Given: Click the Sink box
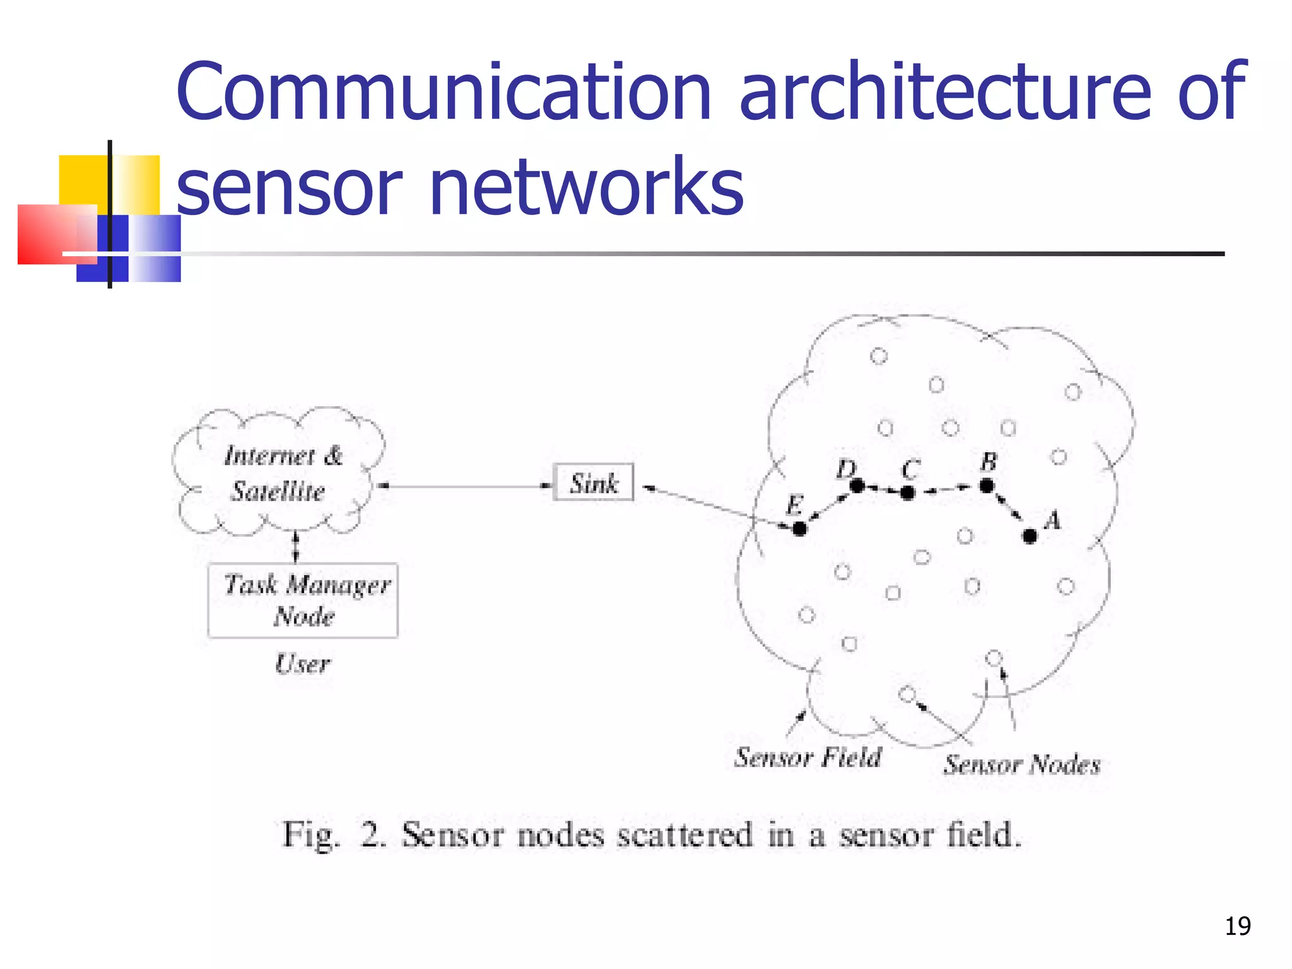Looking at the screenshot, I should pyautogui.click(x=593, y=483).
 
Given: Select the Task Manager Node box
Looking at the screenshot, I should pyautogui.click(x=303, y=600).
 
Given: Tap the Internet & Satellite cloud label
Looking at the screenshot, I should pyautogui.click(x=281, y=473).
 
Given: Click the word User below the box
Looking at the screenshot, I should pyautogui.click(x=303, y=664).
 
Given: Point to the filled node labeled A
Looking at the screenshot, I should pyautogui.click(x=1030, y=536).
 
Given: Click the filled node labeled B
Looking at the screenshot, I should pyautogui.click(x=987, y=486).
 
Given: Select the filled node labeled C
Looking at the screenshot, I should pyautogui.click(x=908, y=493).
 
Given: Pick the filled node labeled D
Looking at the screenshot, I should pyautogui.click(x=857, y=486).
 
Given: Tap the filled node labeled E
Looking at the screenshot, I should pyautogui.click(x=799, y=529).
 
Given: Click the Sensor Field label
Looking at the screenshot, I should pyautogui.click(x=808, y=757).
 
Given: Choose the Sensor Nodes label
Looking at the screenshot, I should pyautogui.click(x=1022, y=765).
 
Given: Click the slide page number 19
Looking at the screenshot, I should pyautogui.click(x=1238, y=926).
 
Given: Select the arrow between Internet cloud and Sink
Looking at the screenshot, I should pyautogui.click(x=464, y=486).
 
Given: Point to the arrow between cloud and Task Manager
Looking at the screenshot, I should pyautogui.click(x=296, y=546).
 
